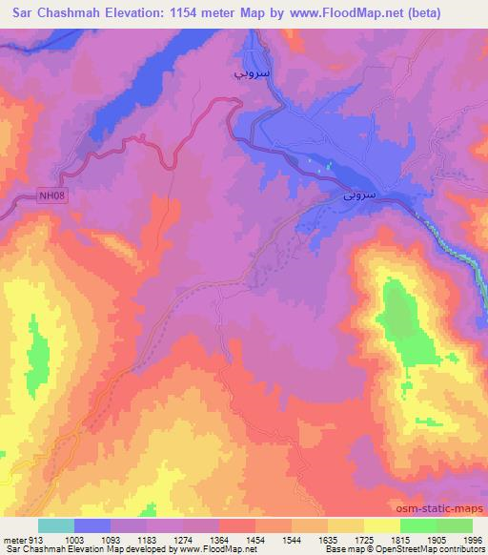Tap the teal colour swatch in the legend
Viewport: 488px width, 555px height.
[56, 526]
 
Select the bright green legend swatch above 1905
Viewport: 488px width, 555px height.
[418, 526]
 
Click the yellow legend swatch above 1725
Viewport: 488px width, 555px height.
[382, 526]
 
